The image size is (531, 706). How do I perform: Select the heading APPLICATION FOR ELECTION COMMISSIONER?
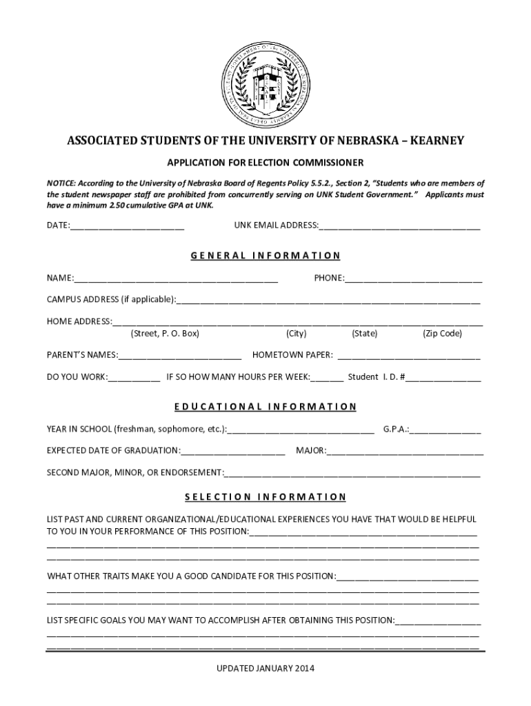click(265, 163)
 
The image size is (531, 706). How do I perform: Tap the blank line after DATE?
click(127, 225)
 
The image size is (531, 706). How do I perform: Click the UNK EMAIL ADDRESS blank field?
click(399, 225)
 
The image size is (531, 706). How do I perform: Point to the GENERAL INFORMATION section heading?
click(265, 256)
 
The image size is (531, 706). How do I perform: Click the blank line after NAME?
click(176, 279)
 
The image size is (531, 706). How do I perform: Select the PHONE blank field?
click(413, 279)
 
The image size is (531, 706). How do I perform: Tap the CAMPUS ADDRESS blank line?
click(328, 300)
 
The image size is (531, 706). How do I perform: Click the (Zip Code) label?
click(442, 334)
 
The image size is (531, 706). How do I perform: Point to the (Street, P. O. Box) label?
click(165, 334)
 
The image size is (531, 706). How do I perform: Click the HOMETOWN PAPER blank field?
click(408, 356)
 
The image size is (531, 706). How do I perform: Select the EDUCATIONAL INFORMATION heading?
click(265, 407)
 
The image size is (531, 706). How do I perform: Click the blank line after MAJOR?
click(405, 452)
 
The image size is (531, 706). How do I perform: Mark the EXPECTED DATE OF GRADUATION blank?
click(233, 452)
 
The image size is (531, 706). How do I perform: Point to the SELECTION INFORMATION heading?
click(265, 497)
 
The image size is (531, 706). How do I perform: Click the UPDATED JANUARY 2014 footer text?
click(265, 669)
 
